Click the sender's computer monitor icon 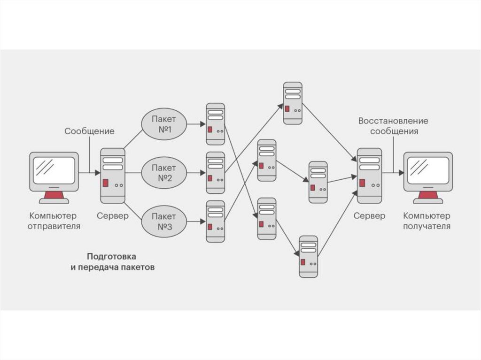click(54, 171)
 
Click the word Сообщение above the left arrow click(89, 131)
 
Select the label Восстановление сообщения click(393, 126)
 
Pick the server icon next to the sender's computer click(113, 176)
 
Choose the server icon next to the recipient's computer click(369, 176)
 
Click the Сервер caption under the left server click(113, 216)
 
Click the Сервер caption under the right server click(369, 216)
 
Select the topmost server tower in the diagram click(293, 103)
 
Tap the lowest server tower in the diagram click(309, 256)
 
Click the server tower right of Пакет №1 click(216, 124)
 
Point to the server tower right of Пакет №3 click(216, 222)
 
